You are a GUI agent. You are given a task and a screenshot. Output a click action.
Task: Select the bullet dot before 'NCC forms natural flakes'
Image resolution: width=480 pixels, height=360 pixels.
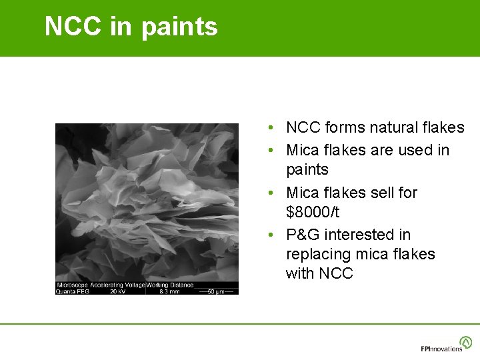pyautogui.click(x=265, y=128)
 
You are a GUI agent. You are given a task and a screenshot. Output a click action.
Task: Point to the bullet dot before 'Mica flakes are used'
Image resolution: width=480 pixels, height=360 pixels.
pyautogui.click(x=265, y=151)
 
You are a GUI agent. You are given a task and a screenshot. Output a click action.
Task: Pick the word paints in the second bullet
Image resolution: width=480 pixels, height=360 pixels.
pyautogui.click(x=307, y=171)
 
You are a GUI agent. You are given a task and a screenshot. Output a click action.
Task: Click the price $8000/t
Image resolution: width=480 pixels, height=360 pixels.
pyautogui.click(x=313, y=213)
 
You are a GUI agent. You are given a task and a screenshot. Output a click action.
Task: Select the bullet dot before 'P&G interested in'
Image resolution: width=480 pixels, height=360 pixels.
pyautogui.click(x=265, y=235)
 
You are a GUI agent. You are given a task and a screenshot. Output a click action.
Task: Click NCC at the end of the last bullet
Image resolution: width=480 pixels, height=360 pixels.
pyautogui.click(x=336, y=273)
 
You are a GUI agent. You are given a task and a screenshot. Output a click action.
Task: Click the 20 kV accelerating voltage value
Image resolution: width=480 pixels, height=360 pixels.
pyautogui.click(x=118, y=291)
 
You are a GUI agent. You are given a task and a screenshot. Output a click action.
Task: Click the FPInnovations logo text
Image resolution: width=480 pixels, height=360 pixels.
pyautogui.click(x=441, y=348)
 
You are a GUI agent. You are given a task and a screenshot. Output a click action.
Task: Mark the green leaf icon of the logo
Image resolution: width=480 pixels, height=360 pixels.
pyautogui.click(x=466, y=341)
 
